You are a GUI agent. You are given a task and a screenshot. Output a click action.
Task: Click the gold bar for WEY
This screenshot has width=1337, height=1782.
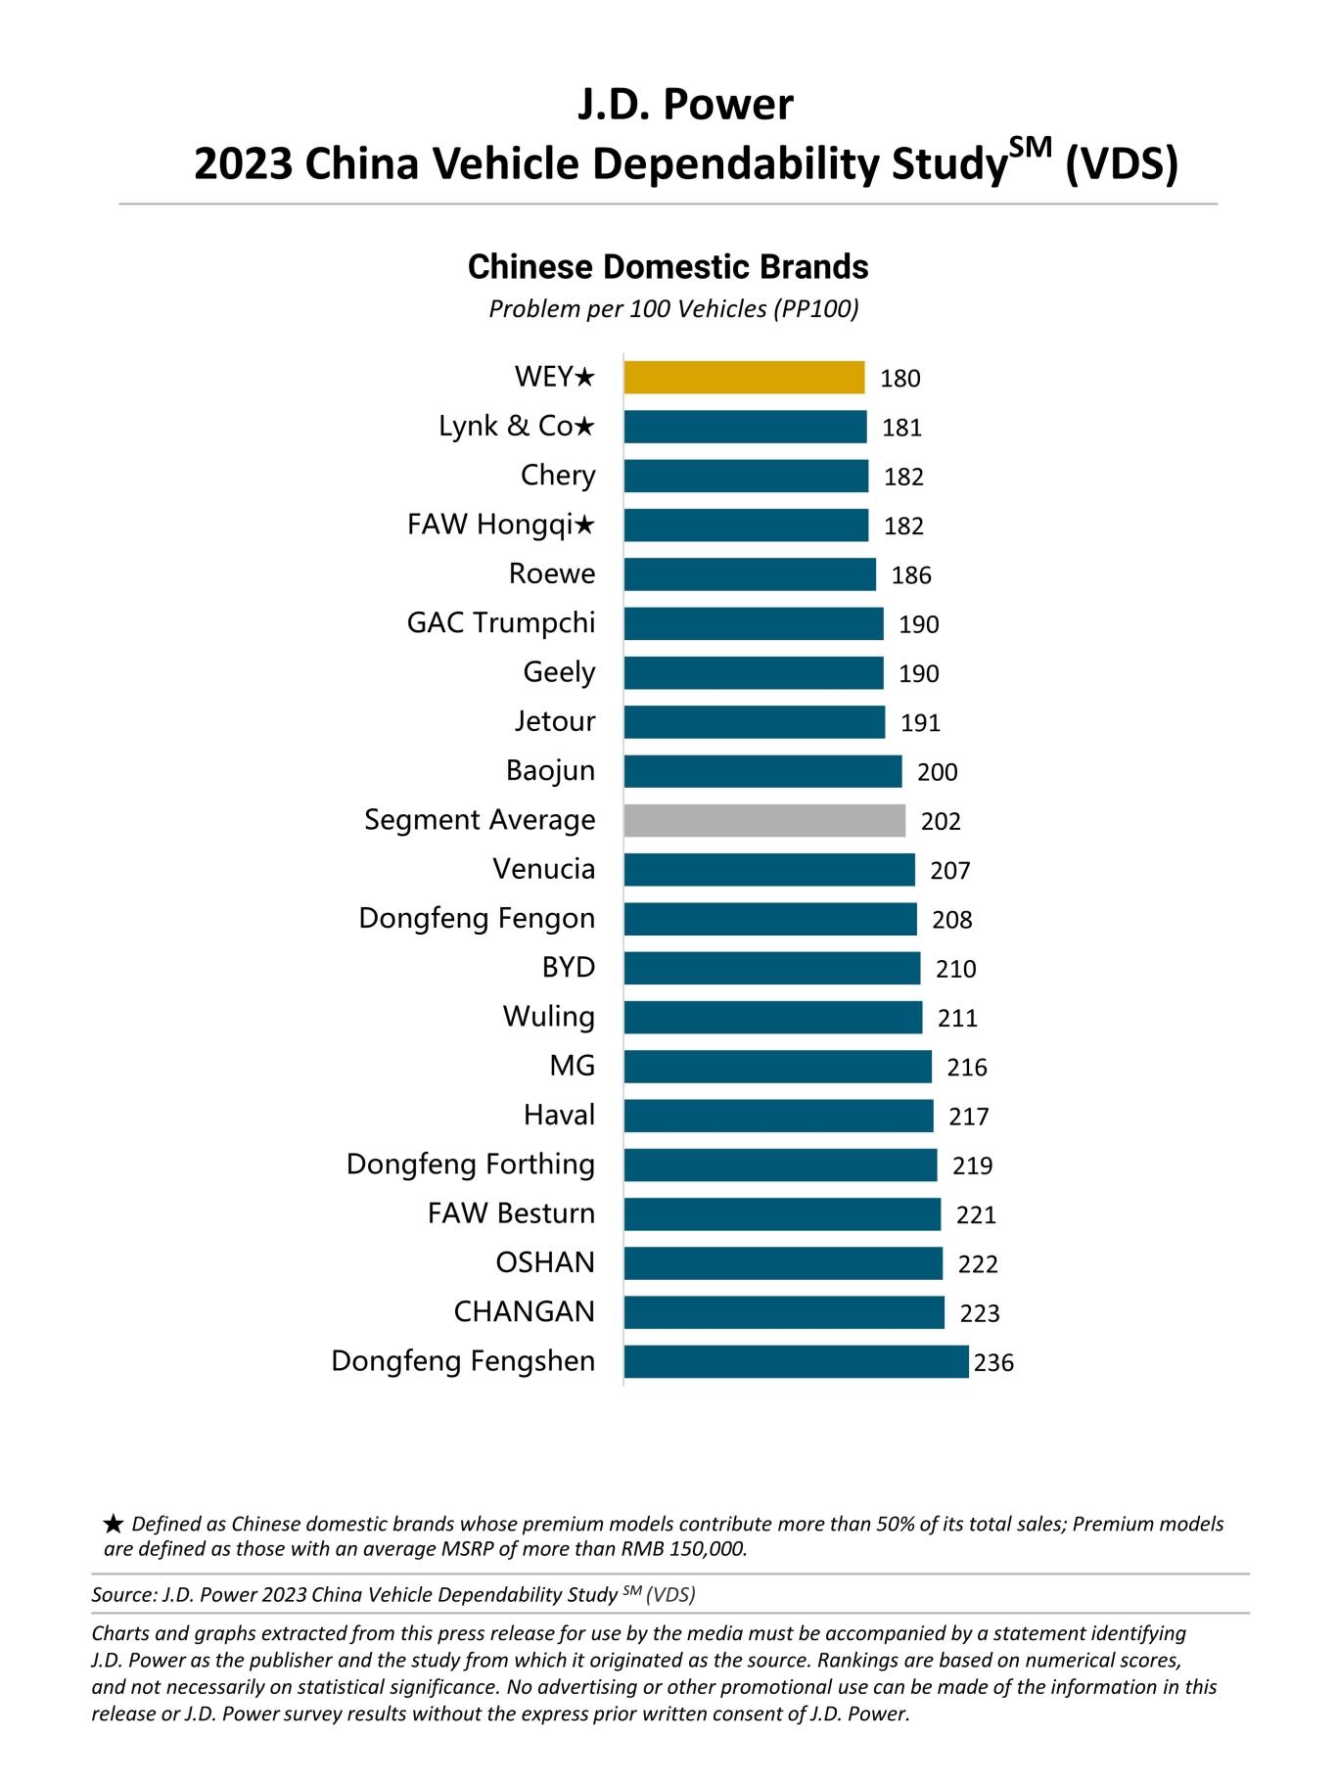pyautogui.click(x=744, y=378)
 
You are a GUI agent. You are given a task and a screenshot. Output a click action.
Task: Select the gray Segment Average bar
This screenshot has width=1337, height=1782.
pyautogui.click(x=764, y=820)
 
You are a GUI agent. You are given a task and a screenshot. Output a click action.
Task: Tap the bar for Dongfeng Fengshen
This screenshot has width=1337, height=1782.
pyautogui.click(x=796, y=1361)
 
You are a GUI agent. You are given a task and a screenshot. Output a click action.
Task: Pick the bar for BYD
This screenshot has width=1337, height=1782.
pyautogui.click(x=771, y=968)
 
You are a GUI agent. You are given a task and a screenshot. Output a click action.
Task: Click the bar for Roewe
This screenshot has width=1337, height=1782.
pyautogui.click(x=750, y=574)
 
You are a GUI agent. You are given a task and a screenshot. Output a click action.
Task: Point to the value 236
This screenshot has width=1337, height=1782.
pyautogui.click(x=993, y=1362)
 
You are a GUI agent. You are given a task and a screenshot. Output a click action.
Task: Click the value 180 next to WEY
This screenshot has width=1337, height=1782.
pyautogui.click(x=899, y=379)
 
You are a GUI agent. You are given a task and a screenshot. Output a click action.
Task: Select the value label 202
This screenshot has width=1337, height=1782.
pyautogui.click(x=941, y=821)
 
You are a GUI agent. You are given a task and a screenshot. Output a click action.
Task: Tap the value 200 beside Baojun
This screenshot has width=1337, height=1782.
pyautogui.click(x=937, y=772)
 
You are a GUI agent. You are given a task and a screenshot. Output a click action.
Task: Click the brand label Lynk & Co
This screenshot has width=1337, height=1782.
pyautogui.click(x=516, y=427)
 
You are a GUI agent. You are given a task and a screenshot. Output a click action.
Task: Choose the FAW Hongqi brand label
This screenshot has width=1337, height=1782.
pyautogui.click(x=500, y=525)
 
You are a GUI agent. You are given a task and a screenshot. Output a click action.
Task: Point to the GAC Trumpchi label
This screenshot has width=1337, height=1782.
pyautogui.click(x=501, y=623)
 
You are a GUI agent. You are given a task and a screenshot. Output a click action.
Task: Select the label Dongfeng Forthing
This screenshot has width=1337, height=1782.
pyautogui.click(x=471, y=1165)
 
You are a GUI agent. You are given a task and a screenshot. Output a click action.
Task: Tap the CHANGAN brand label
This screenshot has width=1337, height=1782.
pyautogui.click(x=524, y=1311)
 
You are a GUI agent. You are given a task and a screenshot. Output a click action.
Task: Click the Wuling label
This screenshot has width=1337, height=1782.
pyautogui.click(x=548, y=1017)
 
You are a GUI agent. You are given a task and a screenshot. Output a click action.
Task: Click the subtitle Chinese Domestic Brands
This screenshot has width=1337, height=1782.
pyautogui.click(x=668, y=267)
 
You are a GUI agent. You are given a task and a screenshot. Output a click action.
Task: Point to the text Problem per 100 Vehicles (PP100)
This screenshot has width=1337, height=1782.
pyautogui.click(x=673, y=309)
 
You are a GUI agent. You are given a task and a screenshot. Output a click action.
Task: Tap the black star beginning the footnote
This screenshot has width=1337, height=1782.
pyautogui.click(x=114, y=1524)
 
